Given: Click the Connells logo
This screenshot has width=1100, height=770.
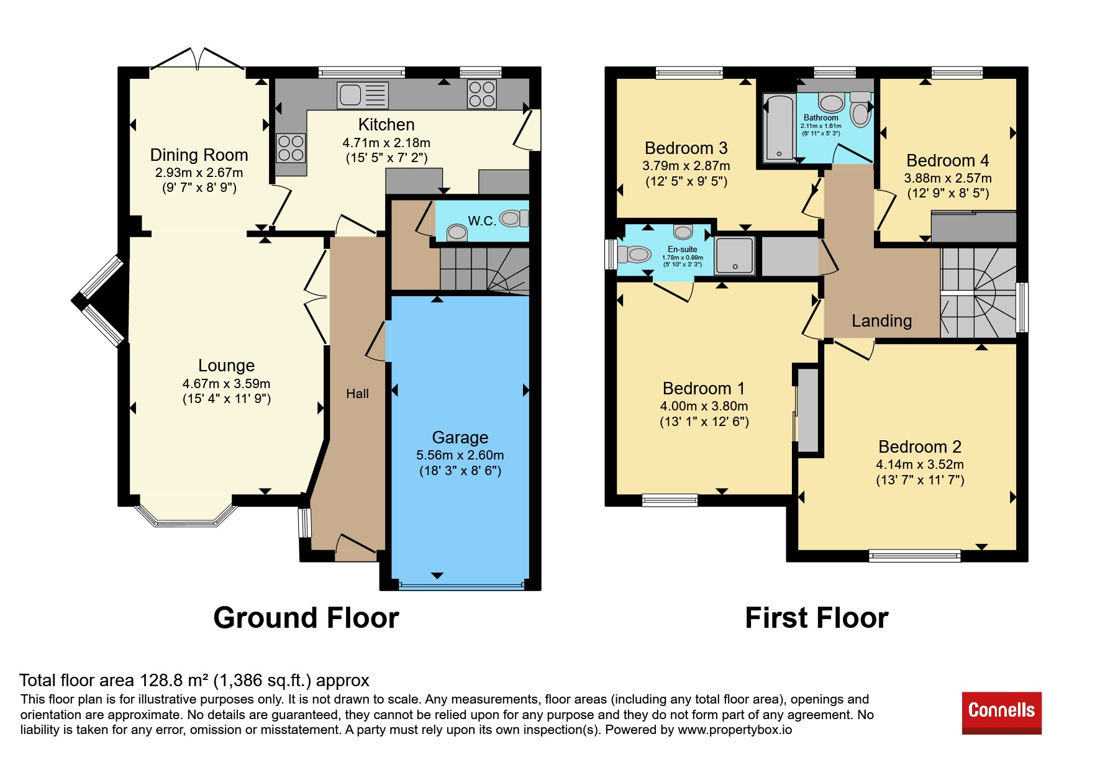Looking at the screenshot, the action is (x=1001, y=713).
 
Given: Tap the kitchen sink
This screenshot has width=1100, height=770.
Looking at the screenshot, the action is (x=363, y=95).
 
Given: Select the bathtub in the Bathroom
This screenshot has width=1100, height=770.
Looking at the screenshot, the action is (x=779, y=128).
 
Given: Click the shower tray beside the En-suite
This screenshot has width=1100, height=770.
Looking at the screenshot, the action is (x=735, y=255).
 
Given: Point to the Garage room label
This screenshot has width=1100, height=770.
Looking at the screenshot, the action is (x=460, y=438).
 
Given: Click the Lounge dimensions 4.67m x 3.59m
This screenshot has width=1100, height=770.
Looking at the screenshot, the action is (x=226, y=384).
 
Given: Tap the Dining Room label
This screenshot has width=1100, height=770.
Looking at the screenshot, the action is (x=199, y=155).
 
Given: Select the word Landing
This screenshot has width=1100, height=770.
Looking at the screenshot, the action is (x=881, y=321).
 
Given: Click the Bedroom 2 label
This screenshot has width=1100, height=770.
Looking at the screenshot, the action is (x=919, y=447).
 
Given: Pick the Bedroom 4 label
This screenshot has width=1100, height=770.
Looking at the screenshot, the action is (x=947, y=161).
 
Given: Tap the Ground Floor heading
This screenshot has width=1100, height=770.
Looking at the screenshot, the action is (x=306, y=618).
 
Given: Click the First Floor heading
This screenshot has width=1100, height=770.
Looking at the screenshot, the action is (x=816, y=618).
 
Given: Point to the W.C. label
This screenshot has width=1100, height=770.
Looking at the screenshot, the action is (x=481, y=221).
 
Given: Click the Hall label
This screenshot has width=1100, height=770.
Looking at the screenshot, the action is (x=357, y=394).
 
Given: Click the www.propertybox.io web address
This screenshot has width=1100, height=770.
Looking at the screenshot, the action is (x=735, y=730).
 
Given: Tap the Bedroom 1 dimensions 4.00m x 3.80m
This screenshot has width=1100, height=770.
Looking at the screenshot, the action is (x=704, y=406).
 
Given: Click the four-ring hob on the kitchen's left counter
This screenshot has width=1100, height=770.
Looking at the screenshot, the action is (x=291, y=148).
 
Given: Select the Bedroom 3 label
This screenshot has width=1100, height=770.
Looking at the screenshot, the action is (x=686, y=148).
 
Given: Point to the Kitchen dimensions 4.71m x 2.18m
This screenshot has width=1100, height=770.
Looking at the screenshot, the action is (x=386, y=143).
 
